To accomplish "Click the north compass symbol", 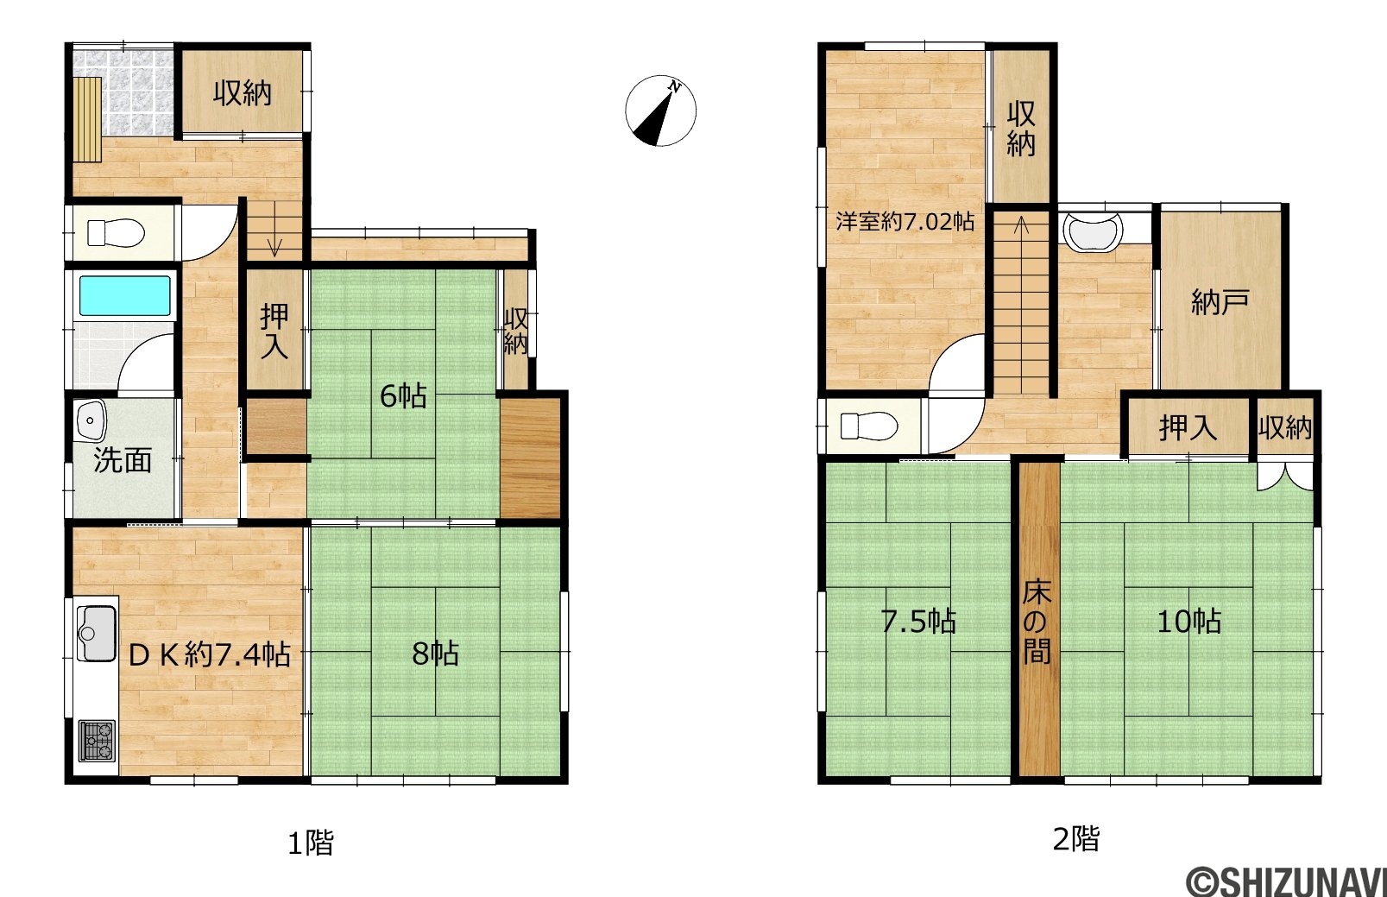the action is coord(660,111).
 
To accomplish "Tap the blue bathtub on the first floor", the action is coord(124,296).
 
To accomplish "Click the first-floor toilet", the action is coord(116,233).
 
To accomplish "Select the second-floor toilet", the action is coord(869,426).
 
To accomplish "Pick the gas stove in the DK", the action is coord(97,740).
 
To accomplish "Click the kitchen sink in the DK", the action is coord(96,633).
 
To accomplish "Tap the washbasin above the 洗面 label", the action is coord(91,420).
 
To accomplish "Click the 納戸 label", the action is coord(1220,302).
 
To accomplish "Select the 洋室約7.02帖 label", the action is coord(905,221).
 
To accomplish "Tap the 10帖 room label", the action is coord(1188,622).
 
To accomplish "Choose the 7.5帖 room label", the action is coord(918,622).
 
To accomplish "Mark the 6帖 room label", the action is coord(403,396).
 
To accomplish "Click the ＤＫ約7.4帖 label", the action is coord(209,654).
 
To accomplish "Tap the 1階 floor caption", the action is coord(311,843).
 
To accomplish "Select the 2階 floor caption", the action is coord(1076,839).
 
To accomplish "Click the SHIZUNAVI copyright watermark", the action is coord(1285,881).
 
